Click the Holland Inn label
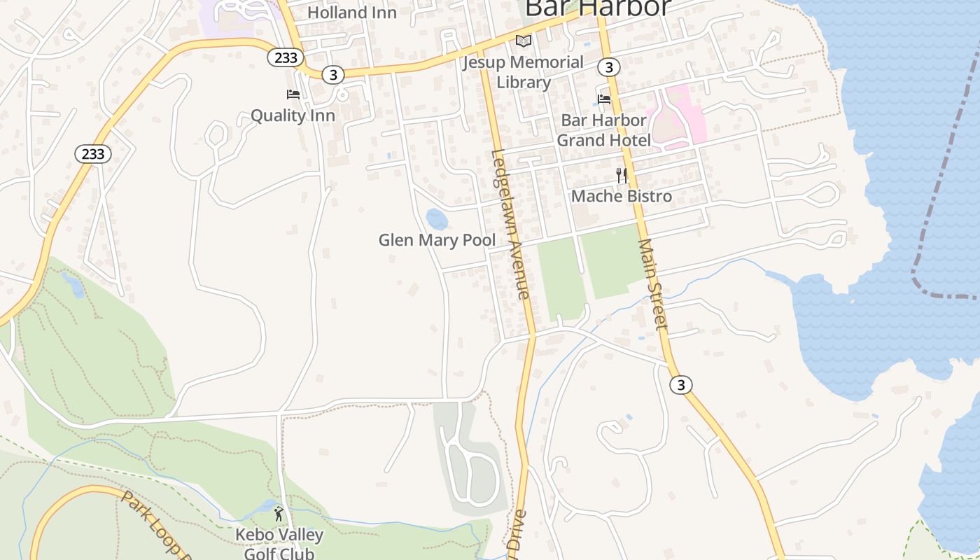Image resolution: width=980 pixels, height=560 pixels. click(x=351, y=12)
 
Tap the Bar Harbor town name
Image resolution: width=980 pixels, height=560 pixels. click(x=597, y=8)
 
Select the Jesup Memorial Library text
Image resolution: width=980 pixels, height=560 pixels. click(x=523, y=72)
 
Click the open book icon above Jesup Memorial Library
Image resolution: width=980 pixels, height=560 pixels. click(x=524, y=41)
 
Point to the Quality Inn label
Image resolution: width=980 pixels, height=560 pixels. click(x=293, y=115)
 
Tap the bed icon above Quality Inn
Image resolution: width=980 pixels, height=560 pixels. click(x=293, y=94)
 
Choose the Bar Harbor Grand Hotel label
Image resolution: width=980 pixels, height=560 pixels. click(x=603, y=129)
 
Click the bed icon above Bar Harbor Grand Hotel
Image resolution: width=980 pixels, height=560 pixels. click(x=604, y=99)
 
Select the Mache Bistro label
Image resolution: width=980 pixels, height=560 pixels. click(x=621, y=196)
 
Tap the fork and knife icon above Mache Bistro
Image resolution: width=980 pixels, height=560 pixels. click(x=621, y=175)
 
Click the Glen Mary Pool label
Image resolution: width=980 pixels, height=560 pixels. click(x=437, y=240)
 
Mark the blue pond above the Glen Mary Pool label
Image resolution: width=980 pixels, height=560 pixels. click(x=437, y=219)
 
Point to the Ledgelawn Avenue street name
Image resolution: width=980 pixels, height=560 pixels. click(x=510, y=224)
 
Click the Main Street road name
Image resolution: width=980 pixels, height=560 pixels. click(x=653, y=283)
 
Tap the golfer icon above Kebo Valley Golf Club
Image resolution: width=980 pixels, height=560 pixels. click(x=279, y=514)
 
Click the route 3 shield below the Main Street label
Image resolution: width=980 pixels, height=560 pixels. click(x=680, y=384)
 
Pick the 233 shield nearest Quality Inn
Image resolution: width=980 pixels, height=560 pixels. click(x=286, y=57)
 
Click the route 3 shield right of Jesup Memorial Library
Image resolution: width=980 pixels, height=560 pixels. click(x=609, y=66)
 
